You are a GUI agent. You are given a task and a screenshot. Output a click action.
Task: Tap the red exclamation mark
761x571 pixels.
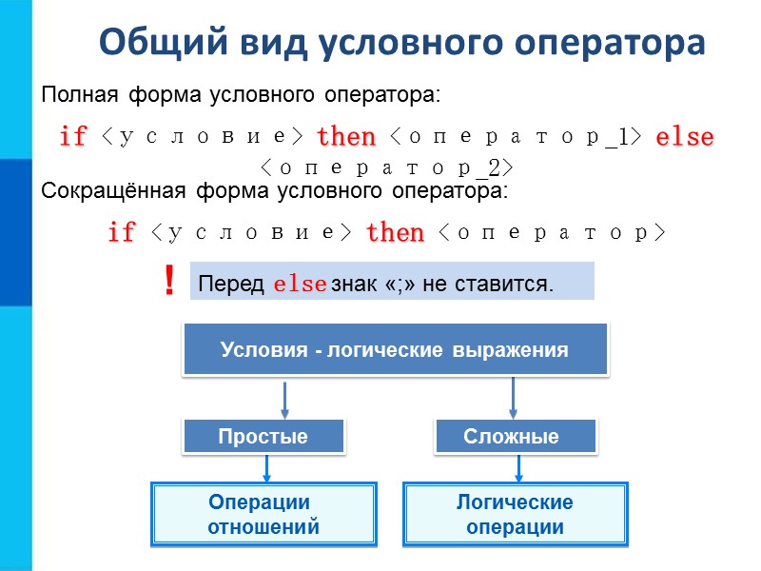click(169, 282)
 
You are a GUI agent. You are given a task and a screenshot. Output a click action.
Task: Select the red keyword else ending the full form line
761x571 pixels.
click(685, 137)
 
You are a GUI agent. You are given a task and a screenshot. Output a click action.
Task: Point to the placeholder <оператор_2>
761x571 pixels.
click(386, 168)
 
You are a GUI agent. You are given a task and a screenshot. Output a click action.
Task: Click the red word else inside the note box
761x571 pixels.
click(301, 285)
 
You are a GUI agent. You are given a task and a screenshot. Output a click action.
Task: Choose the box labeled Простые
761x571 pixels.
click(263, 437)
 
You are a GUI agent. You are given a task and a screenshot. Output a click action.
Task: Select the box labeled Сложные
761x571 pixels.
click(515, 437)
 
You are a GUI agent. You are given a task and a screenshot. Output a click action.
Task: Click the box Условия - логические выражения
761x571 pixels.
click(394, 349)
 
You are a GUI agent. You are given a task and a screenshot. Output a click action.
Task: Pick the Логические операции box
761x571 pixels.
click(515, 515)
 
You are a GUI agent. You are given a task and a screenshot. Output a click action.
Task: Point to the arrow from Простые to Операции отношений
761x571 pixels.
click(267, 467)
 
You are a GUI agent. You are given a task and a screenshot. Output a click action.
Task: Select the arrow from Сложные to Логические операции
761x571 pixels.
click(518, 467)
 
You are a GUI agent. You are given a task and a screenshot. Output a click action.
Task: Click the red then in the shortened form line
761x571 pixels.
click(395, 232)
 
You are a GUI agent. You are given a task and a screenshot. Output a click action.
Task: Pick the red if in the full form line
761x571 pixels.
click(73, 137)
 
